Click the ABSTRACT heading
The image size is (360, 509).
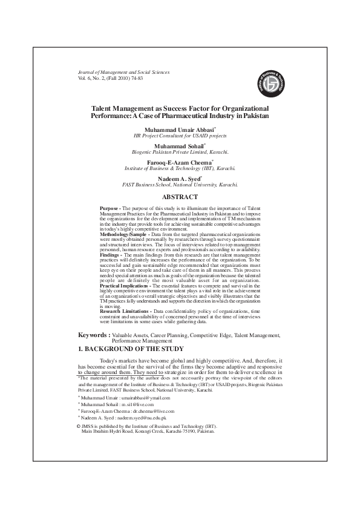click(x=180, y=197)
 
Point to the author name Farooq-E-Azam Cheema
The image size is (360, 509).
click(x=179, y=162)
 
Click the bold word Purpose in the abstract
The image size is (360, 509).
click(x=109, y=208)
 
